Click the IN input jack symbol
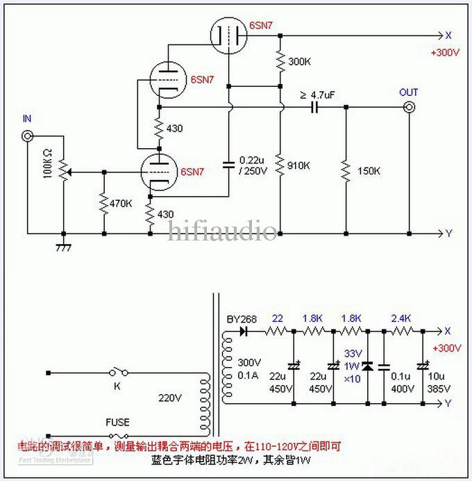point(28,137)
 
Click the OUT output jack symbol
point(409,107)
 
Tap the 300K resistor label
point(299,62)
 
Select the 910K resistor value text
point(299,165)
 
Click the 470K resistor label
point(121,203)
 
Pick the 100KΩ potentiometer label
point(48,162)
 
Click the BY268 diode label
point(242,320)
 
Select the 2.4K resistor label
point(401,318)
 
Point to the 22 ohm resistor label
point(278,318)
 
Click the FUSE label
point(117,422)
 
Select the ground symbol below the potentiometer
point(64,245)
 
